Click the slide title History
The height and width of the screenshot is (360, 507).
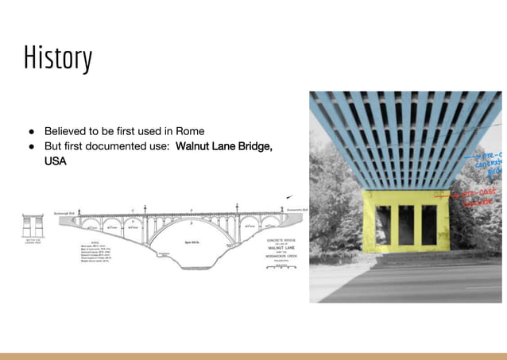point(58,59)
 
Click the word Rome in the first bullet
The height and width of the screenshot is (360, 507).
point(188,130)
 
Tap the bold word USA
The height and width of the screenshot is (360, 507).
point(56,161)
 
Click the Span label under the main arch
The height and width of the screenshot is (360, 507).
point(192,241)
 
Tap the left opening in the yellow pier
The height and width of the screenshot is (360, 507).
point(384,225)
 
